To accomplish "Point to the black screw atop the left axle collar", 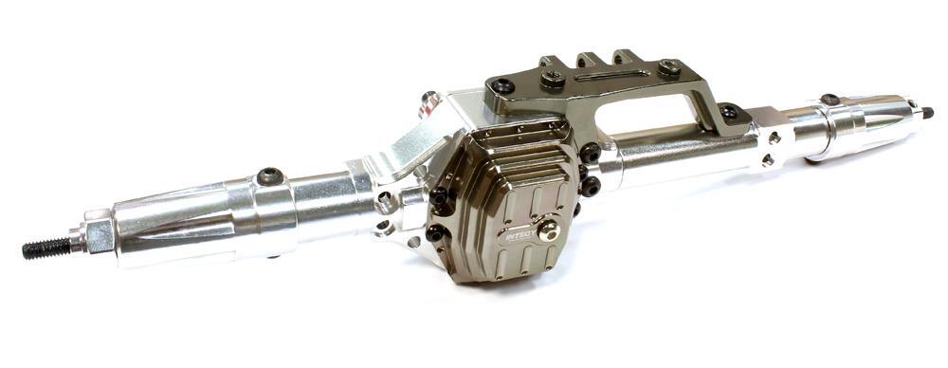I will (x=268, y=176).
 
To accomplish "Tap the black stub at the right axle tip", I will (x=926, y=113).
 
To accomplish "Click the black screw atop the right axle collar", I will (x=829, y=100).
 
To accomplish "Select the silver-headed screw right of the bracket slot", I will (x=670, y=67).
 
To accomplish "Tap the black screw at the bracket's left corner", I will (x=501, y=86).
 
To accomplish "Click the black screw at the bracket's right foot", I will (x=728, y=112).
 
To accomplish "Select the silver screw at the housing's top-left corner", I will (x=429, y=99).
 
